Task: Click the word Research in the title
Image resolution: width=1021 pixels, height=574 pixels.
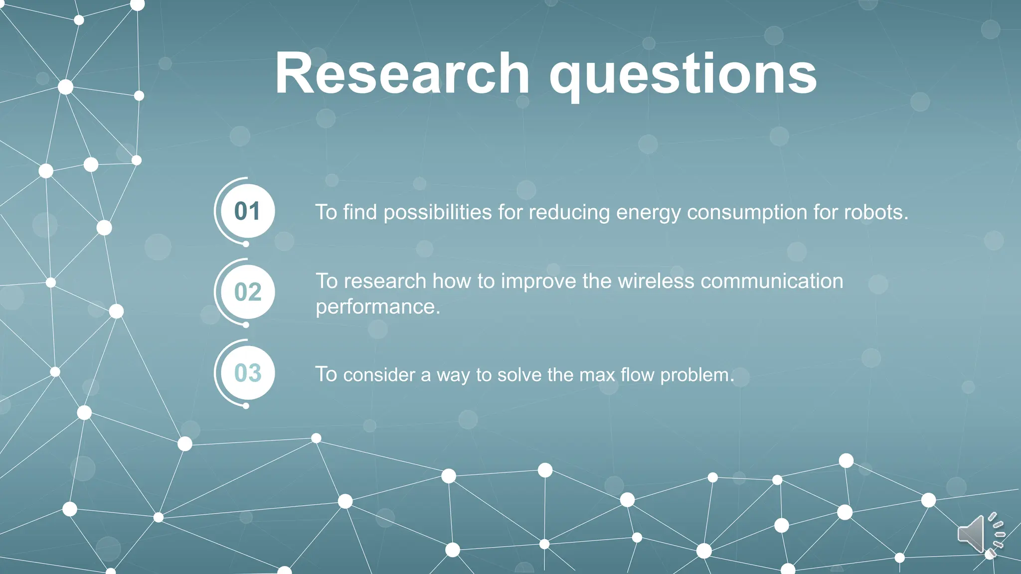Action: (x=402, y=74)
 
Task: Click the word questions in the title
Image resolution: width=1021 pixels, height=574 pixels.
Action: (x=682, y=75)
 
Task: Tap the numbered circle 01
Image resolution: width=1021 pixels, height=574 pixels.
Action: (x=247, y=211)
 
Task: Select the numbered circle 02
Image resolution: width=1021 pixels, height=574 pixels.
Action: (x=247, y=292)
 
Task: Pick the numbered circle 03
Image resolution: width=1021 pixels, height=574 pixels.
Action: (x=247, y=373)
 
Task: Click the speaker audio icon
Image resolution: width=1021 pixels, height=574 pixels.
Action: (x=979, y=534)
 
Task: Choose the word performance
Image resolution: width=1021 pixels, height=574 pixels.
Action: (x=377, y=307)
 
